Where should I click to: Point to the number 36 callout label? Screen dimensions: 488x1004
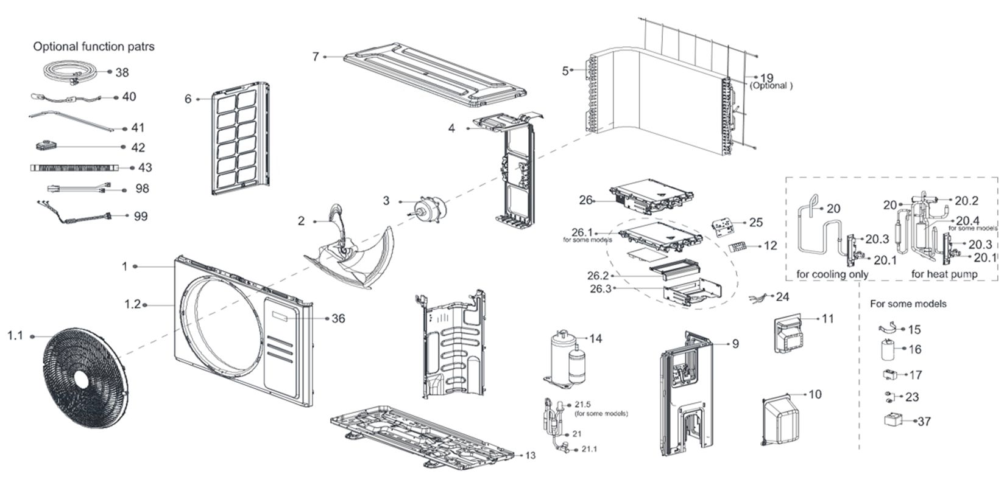pyautogui.click(x=338, y=319)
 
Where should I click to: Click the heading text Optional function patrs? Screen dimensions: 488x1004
pyautogui.click(x=94, y=46)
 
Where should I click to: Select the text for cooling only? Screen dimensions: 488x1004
pyautogui.click(x=832, y=274)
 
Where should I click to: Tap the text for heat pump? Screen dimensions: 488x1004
pyautogui.click(x=944, y=274)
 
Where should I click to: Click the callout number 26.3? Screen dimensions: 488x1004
pyautogui.click(x=600, y=288)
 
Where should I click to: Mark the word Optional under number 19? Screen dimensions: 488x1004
pyautogui.click(x=771, y=86)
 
